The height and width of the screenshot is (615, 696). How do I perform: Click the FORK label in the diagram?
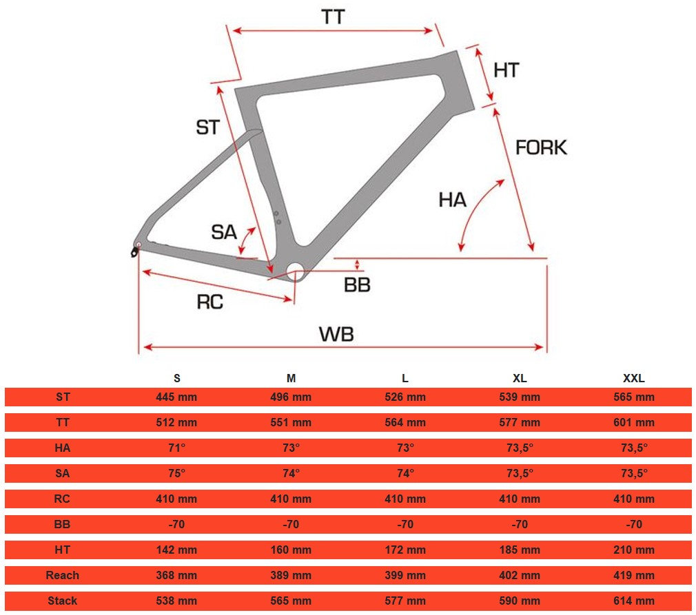[x=541, y=147]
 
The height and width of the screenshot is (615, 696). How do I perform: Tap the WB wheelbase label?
[x=336, y=334]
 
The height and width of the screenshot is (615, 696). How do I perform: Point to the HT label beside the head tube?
[x=506, y=70]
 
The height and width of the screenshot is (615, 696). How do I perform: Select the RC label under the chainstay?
[x=210, y=302]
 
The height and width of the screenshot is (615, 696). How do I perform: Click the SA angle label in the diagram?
[x=224, y=232]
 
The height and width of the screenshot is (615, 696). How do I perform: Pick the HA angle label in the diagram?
[x=452, y=200]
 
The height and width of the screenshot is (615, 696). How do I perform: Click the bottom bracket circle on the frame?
[x=295, y=271]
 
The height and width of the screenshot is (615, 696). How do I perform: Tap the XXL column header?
[x=634, y=378]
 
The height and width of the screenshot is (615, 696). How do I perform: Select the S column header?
[x=177, y=378]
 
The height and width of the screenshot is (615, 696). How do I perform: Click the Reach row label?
[x=62, y=575]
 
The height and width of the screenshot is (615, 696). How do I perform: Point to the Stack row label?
[x=62, y=601]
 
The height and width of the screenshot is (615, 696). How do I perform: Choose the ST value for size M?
[x=291, y=397]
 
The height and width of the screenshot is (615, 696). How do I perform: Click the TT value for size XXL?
[x=634, y=422]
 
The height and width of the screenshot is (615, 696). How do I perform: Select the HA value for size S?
[x=176, y=448]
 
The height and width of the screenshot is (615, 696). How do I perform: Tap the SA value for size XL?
[x=520, y=473]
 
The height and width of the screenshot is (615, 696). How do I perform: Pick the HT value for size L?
[x=405, y=550]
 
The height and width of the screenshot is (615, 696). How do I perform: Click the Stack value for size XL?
[x=520, y=601]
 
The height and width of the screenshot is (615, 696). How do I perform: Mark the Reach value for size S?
[x=176, y=575]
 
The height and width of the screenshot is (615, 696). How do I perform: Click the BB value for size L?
[x=405, y=524]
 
